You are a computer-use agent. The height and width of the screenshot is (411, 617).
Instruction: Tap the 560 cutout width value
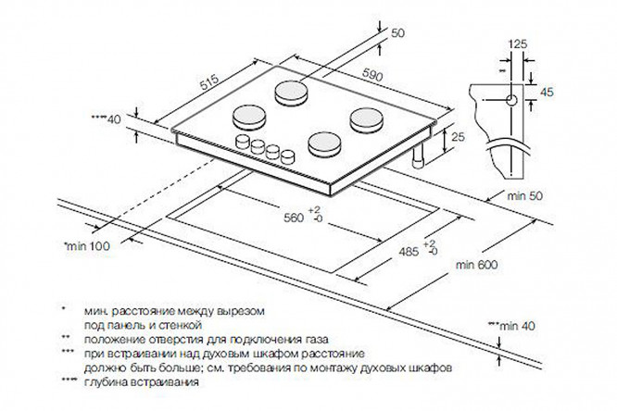point(294,219)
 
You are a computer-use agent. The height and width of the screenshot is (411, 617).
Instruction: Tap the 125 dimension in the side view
point(520,44)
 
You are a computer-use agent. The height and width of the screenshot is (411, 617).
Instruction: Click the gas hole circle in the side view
point(510,98)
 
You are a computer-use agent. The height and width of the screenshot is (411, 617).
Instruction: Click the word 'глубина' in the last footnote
point(107,383)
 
